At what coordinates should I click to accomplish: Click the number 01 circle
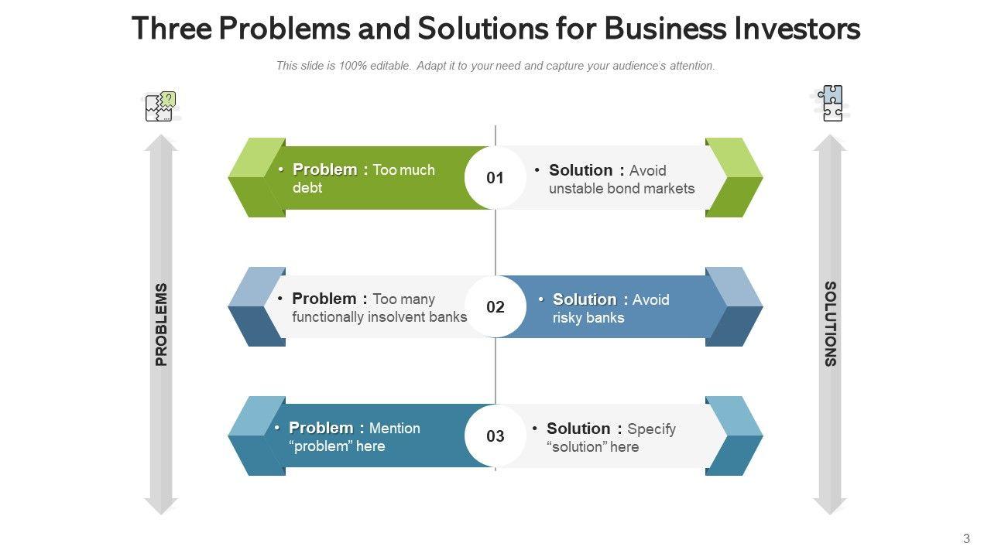point(495,178)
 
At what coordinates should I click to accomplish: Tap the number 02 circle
point(495,307)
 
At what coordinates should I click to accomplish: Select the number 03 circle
point(495,436)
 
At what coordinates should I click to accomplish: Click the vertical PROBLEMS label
point(161,324)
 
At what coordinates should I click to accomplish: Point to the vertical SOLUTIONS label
point(830,324)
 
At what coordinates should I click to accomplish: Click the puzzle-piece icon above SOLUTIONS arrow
point(832,103)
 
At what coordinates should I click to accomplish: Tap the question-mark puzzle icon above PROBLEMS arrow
point(160,107)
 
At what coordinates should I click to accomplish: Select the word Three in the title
point(171,29)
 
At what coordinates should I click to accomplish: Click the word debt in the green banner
point(307,188)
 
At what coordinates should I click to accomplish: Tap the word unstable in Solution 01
point(579,189)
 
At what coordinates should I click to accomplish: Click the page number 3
point(966,539)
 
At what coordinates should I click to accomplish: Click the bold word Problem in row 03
point(321,428)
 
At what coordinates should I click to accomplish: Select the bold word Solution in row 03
point(578,429)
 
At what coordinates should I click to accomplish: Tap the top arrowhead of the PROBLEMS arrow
point(161,142)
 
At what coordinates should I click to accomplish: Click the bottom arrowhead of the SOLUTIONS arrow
point(830,506)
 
